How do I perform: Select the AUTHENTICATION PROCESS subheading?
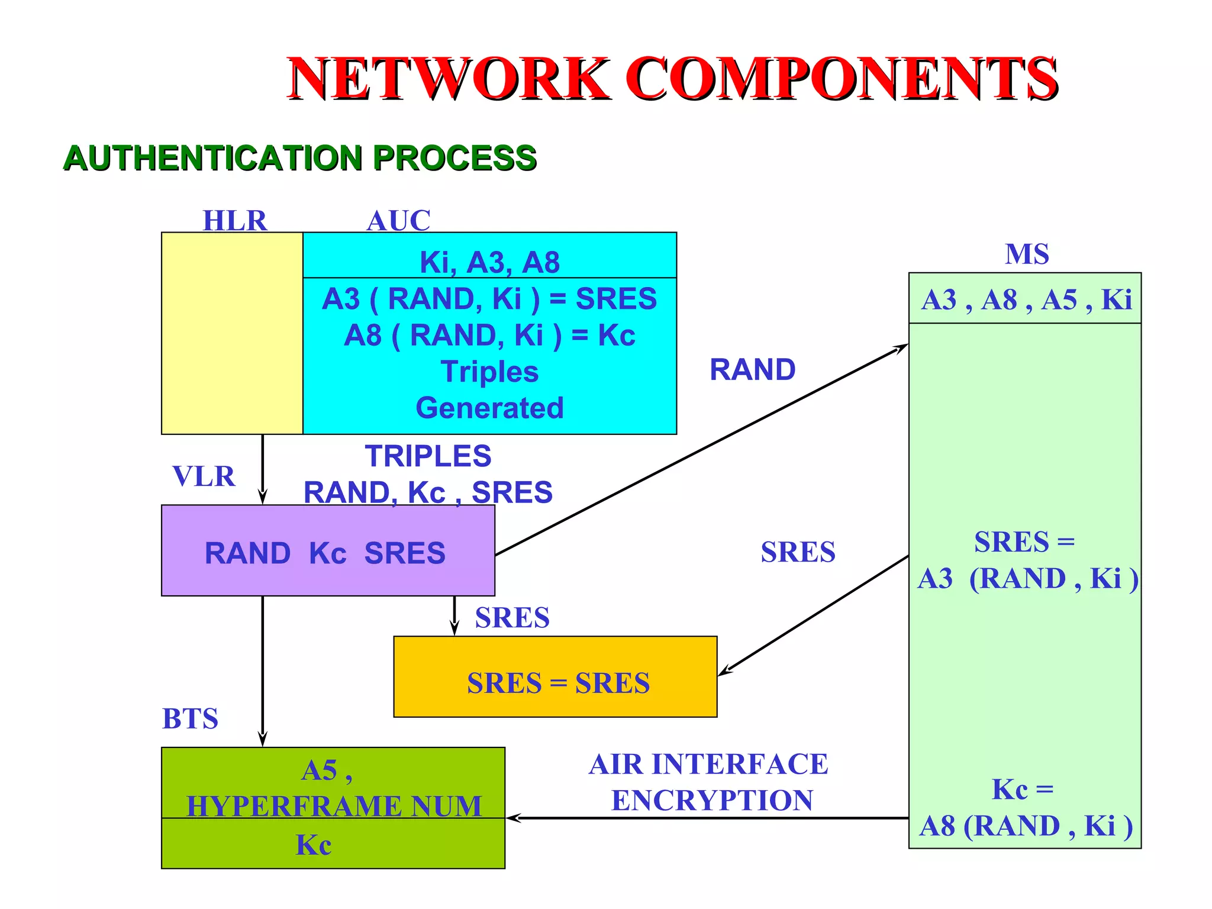pyautogui.click(x=299, y=158)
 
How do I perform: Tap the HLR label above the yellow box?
pyautogui.click(x=235, y=221)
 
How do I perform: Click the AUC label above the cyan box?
pyautogui.click(x=398, y=221)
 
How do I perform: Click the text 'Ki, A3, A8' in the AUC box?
pyautogui.click(x=489, y=262)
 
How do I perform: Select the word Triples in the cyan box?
pyautogui.click(x=489, y=372)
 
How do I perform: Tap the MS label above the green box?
pyautogui.click(x=1027, y=254)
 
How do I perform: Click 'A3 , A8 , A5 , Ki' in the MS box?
pyautogui.click(x=1026, y=299)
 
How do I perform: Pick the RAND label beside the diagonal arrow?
pyautogui.click(x=752, y=370)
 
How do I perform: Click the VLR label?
pyautogui.click(x=204, y=476)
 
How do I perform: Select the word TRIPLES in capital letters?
pyautogui.click(x=428, y=456)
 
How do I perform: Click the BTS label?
pyautogui.click(x=190, y=718)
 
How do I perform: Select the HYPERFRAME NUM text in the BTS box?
pyautogui.click(x=334, y=805)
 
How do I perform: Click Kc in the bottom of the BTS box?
pyautogui.click(x=314, y=844)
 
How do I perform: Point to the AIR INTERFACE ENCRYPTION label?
pyautogui.click(x=709, y=782)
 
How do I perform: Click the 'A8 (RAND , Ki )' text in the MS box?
pyautogui.click(x=1026, y=826)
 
